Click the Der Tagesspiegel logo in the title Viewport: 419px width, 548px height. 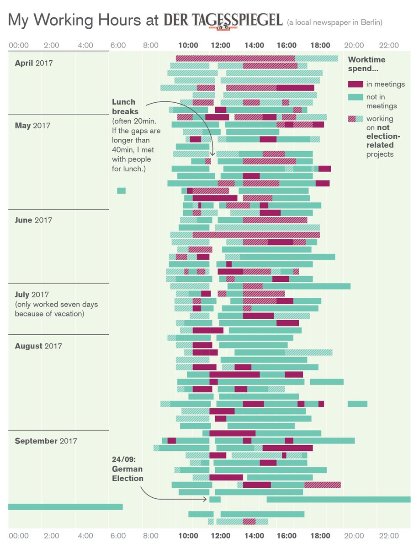tap(223, 20)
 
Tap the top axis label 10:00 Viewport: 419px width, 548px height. tap(188, 45)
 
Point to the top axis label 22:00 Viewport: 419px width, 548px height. tap(389, 45)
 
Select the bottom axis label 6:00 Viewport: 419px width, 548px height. tap(118, 535)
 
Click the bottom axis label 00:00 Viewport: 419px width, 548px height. tap(19, 535)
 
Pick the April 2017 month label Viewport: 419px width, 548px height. tap(34, 63)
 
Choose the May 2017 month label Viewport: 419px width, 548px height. tap(32, 126)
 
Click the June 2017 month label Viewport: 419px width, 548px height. tap(33, 220)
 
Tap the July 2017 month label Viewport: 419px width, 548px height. tap(32, 295)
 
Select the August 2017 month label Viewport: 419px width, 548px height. tap(38, 346)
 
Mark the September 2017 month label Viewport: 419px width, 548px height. tap(46, 441)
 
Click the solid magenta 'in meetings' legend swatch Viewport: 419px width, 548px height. tap(355, 84)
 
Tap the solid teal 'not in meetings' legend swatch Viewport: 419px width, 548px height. tap(355, 97)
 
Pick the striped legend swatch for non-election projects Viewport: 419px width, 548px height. tap(355, 119)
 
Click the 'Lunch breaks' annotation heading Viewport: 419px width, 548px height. tap(124, 106)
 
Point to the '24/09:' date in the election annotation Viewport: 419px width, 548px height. tap(122, 459)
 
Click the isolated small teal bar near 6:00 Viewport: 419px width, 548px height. tap(121, 190)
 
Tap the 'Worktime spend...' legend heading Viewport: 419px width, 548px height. tap(366, 64)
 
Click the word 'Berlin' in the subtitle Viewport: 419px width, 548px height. tap(369, 22)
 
